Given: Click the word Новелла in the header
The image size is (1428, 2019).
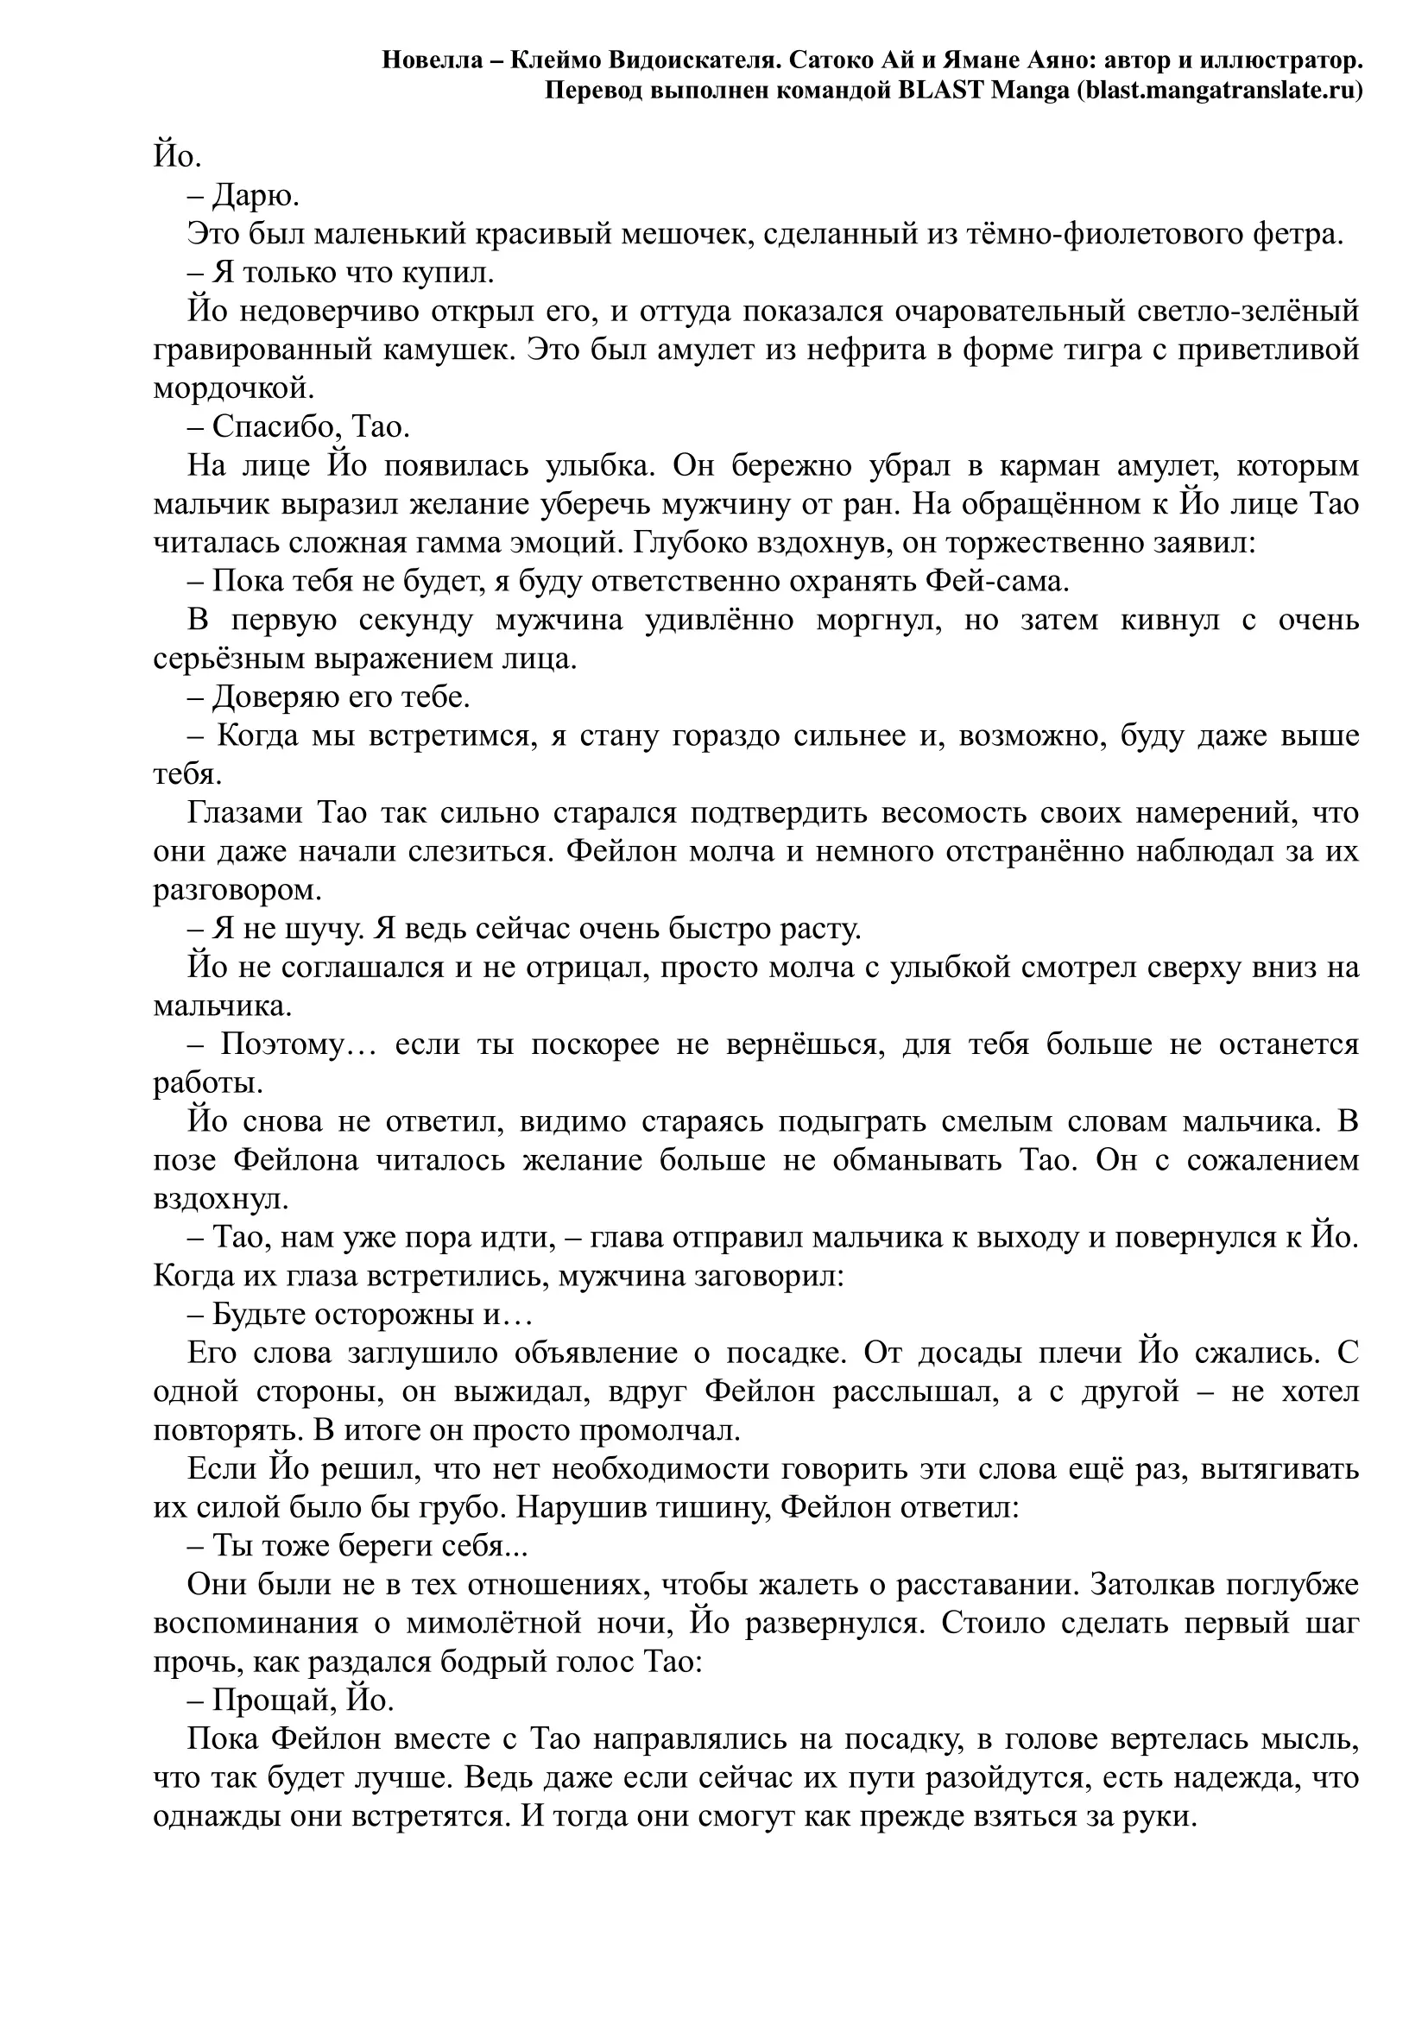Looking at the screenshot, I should (432, 60).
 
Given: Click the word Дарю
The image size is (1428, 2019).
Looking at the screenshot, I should (256, 196).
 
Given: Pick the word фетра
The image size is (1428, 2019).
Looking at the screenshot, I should (1299, 235).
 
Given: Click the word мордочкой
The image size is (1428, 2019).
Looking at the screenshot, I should (233, 388).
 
